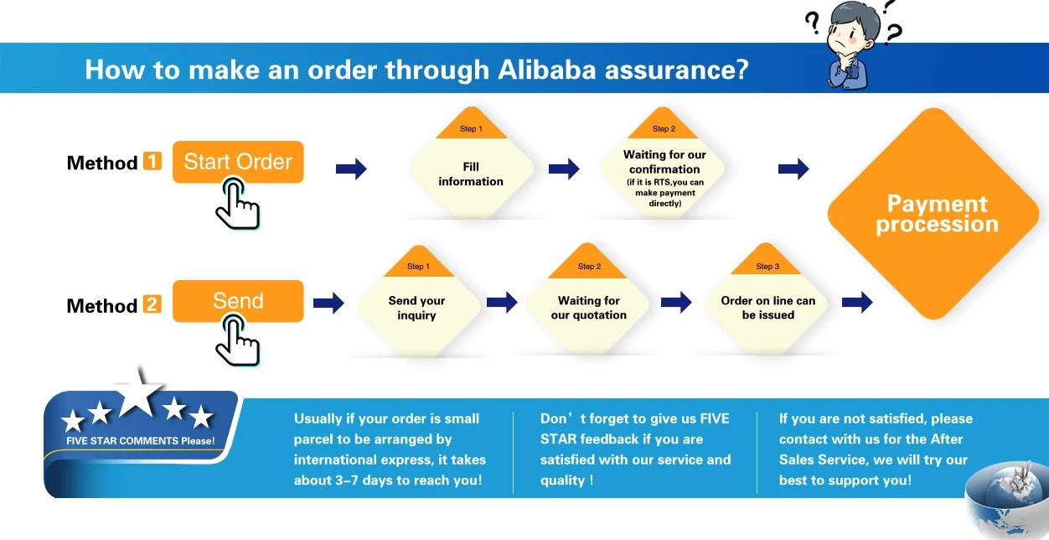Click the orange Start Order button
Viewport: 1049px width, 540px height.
[238, 162]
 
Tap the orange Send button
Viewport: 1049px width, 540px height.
[238, 301]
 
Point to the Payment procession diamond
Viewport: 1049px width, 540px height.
[937, 214]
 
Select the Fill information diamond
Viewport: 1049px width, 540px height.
[471, 174]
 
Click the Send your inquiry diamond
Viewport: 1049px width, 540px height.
[416, 308]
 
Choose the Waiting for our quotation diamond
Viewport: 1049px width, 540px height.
[588, 308]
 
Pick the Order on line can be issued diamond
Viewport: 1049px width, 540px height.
[767, 308]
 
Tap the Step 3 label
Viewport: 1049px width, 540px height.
[767, 267]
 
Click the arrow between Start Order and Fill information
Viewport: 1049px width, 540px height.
[351, 169]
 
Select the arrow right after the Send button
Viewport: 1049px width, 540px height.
[328, 303]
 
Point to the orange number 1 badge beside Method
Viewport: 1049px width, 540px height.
[152, 161]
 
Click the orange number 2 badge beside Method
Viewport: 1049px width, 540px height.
[152, 304]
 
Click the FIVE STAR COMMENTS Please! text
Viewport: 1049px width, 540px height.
[140, 441]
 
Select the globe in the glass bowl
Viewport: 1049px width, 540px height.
[1005, 494]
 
